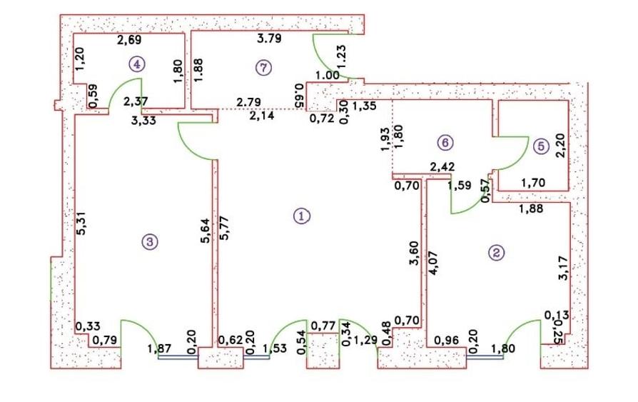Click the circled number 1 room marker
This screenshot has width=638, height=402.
pyautogui.click(x=302, y=215)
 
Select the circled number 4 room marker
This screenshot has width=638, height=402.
pyautogui.click(x=137, y=64)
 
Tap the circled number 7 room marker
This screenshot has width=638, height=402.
pyautogui.click(x=263, y=68)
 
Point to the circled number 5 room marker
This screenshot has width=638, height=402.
pyautogui.click(x=541, y=146)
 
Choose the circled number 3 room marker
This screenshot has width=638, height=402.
pyautogui.click(x=149, y=242)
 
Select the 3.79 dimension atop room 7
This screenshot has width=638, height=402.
pyautogui.click(x=269, y=41)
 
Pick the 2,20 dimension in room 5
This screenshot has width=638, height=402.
pyautogui.click(x=560, y=147)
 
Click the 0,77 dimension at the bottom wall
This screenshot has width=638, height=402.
pyautogui.click(x=324, y=326)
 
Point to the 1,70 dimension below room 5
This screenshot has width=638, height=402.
pyautogui.click(x=533, y=183)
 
